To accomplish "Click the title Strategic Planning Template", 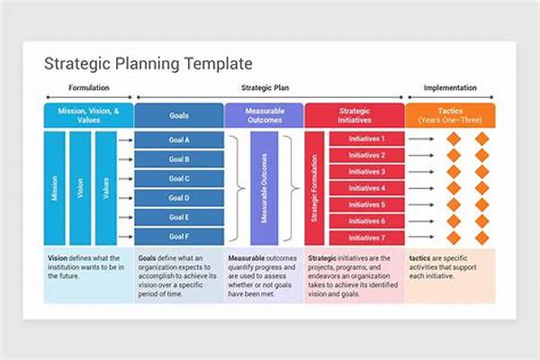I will coord(148,64).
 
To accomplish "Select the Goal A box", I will coord(179,139).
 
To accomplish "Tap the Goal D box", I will coord(179,198).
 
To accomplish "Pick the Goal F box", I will coord(179,237).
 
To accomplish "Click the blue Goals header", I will coord(179,115).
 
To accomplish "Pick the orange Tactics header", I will coord(450,115).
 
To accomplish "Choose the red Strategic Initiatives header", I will coord(354,115).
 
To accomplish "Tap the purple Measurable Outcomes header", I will coord(264,115).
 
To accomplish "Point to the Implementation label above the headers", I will coord(450,88).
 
